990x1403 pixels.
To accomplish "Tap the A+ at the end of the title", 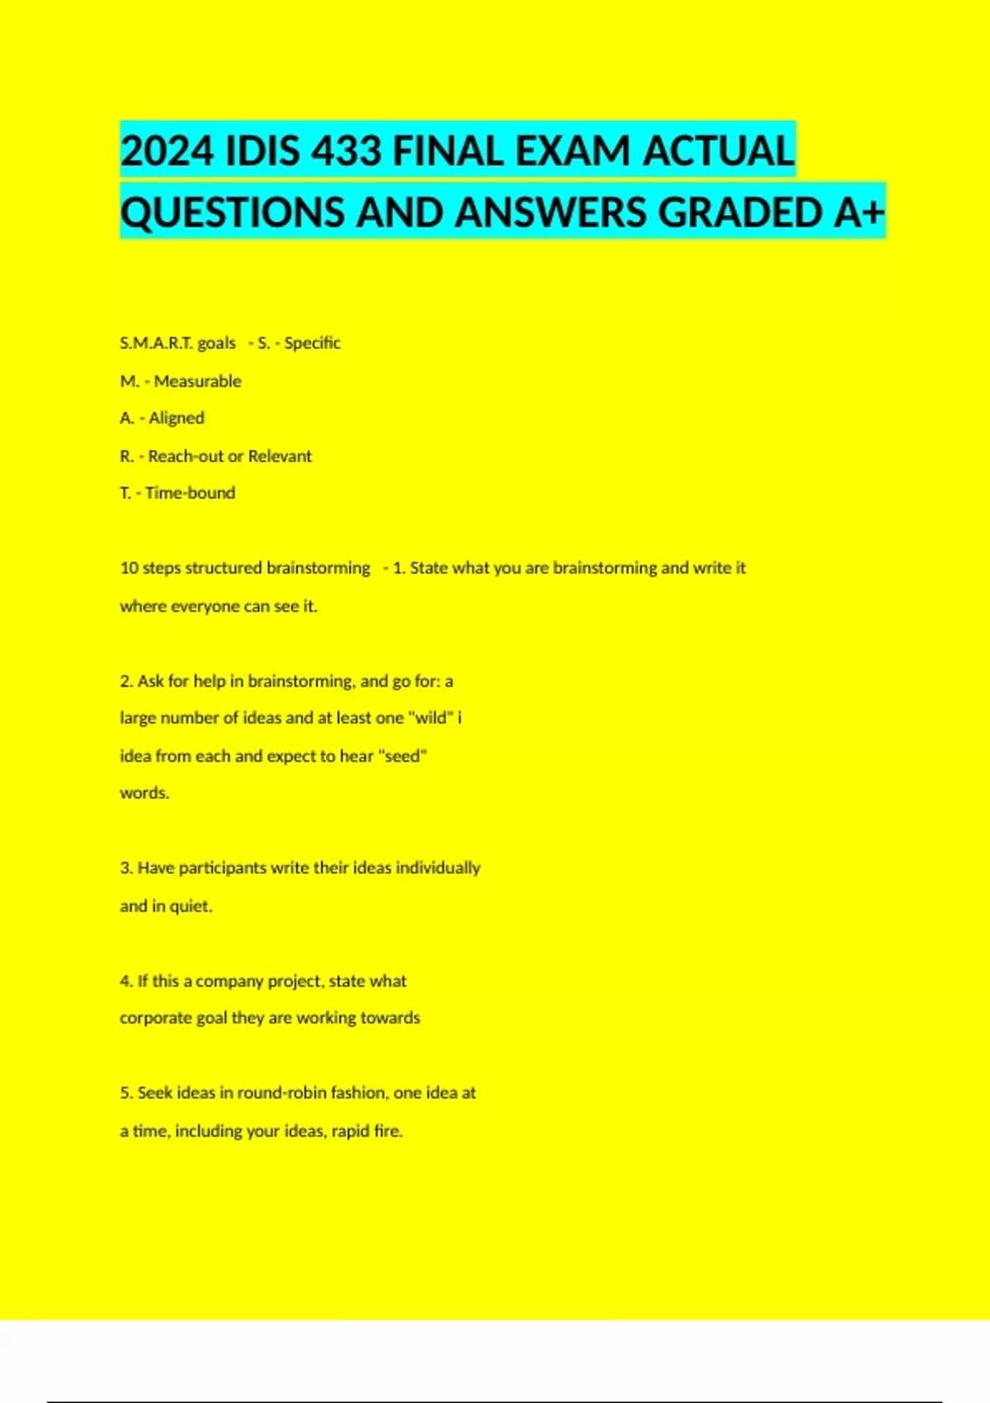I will (859, 213).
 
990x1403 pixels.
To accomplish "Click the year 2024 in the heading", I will (167, 152).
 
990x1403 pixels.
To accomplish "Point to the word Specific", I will (312, 342).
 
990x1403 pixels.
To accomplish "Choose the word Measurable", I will (197, 381).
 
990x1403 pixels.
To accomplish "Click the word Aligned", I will (177, 418).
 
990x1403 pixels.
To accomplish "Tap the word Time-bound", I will (190, 494).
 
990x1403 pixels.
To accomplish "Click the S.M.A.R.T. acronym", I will (156, 342).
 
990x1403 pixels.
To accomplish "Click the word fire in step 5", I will (388, 1131).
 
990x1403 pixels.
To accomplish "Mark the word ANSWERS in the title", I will (552, 213).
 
